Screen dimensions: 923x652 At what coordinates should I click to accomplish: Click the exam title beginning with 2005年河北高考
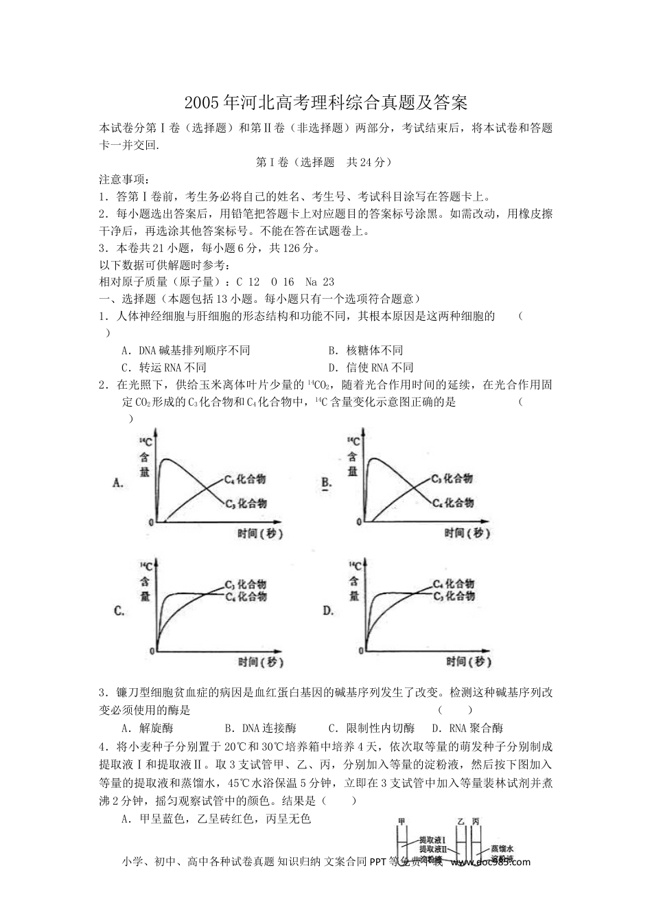[x=326, y=104]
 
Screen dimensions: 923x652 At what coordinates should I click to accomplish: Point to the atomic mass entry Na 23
[x=319, y=282]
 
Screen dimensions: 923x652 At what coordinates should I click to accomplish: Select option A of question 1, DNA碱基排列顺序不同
[x=185, y=350]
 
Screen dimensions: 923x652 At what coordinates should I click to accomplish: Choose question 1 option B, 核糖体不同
[x=365, y=350]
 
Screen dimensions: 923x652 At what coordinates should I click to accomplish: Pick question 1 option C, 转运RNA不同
[x=163, y=367]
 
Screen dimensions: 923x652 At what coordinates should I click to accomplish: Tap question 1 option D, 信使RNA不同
[x=371, y=367]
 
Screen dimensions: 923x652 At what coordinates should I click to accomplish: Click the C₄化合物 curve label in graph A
[x=245, y=479]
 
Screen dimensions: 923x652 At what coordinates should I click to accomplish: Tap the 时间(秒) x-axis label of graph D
[x=469, y=661]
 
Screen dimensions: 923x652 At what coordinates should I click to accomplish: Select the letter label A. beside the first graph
[x=118, y=483]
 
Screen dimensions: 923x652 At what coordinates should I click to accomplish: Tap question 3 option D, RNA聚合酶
[x=467, y=729]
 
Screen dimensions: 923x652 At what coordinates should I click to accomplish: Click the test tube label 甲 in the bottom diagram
[x=401, y=821]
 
